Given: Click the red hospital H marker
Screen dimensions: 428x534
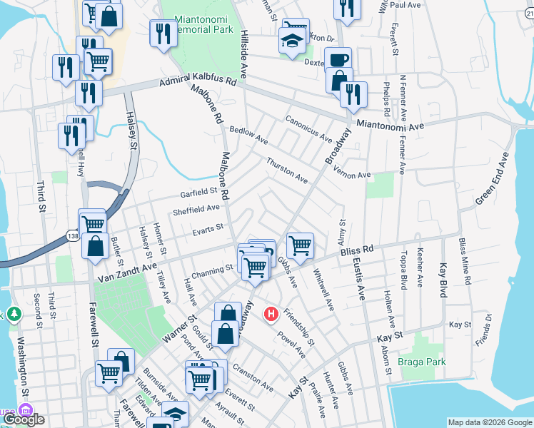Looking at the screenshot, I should point(271,313).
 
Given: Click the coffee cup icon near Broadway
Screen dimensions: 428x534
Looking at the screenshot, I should point(338,61).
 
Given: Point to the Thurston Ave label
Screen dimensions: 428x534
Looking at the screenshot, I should point(287,170).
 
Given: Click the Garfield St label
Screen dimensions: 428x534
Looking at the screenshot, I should point(198,192).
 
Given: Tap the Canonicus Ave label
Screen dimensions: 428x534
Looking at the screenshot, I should point(308,128).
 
